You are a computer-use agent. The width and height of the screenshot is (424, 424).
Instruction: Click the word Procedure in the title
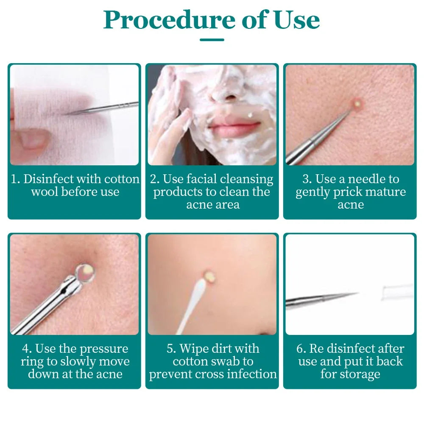(169, 20)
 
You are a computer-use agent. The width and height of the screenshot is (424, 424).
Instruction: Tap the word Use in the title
(297, 20)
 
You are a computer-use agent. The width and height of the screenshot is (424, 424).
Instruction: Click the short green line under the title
(212, 40)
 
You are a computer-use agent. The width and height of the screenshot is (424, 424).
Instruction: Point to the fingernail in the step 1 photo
(32, 139)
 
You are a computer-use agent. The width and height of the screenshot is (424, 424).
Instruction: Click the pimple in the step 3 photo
(358, 103)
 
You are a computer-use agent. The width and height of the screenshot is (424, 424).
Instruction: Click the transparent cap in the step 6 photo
(398, 292)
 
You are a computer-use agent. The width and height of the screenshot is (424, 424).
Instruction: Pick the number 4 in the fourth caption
(26, 349)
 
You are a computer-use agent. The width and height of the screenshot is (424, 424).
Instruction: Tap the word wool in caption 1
(45, 192)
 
